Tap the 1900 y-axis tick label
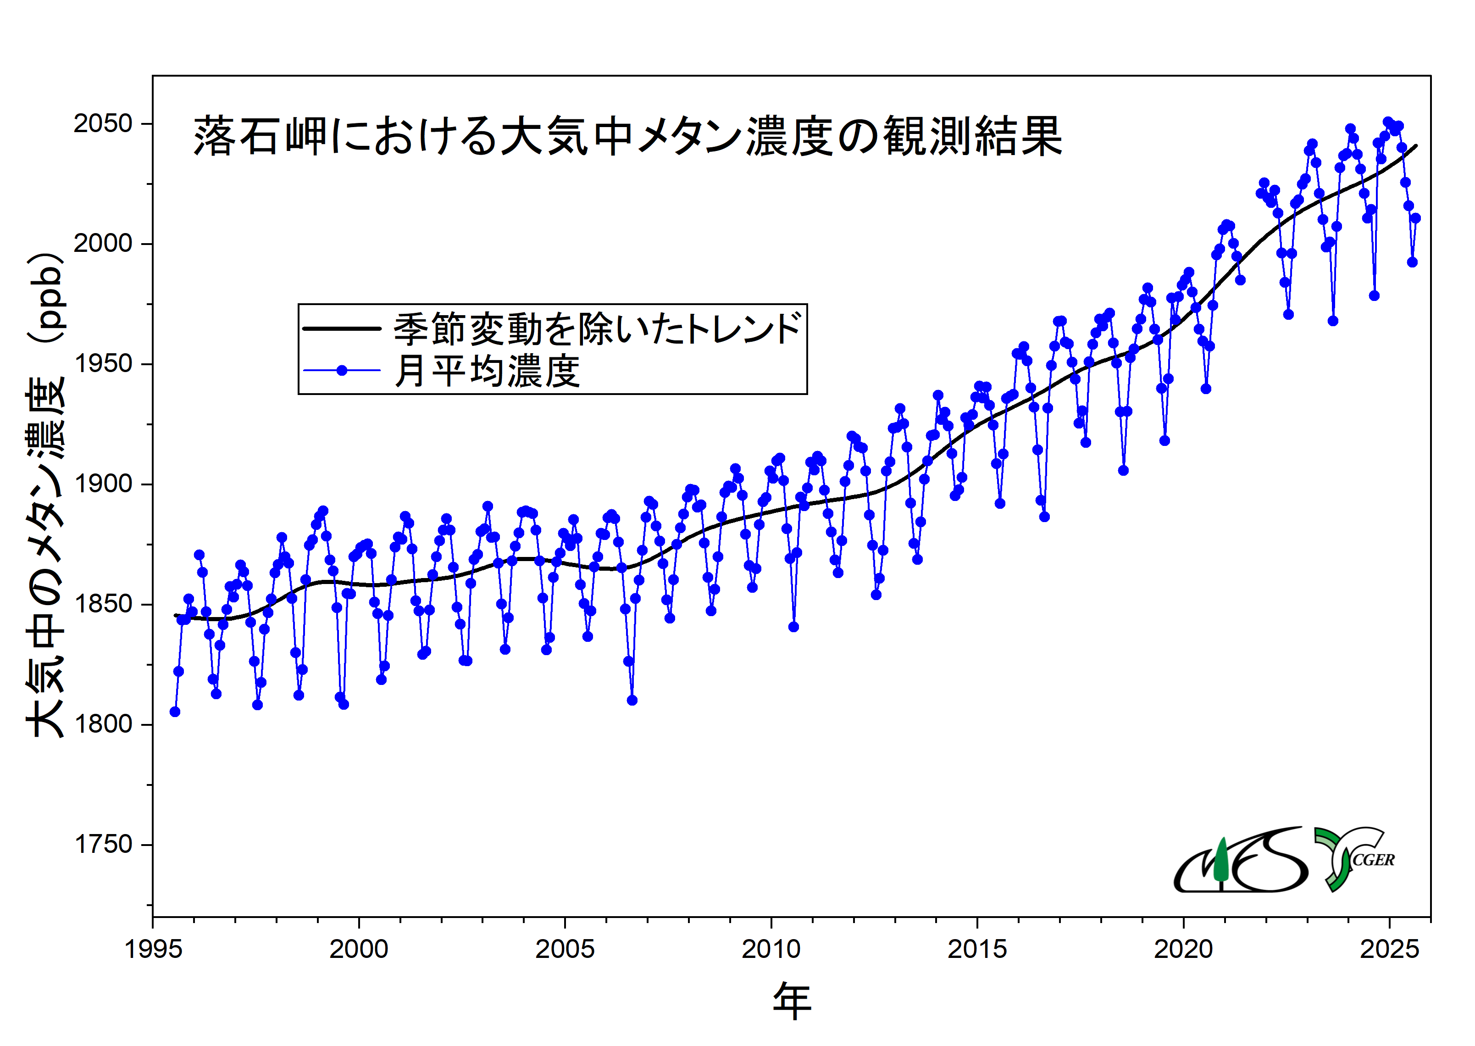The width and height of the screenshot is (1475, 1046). click(x=103, y=484)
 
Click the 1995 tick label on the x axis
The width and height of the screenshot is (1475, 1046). click(x=153, y=949)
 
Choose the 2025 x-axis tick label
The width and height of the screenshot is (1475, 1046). click(x=1389, y=949)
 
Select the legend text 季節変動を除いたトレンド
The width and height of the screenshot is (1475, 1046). click(x=598, y=328)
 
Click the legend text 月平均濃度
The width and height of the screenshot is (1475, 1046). click(x=488, y=371)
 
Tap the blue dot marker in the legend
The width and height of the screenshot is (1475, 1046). click(x=342, y=370)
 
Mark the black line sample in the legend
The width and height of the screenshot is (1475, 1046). click(x=342, y=328)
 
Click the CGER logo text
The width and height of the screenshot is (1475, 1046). click(x=1373, y=860)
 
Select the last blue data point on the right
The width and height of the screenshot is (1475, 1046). click(x=1415, y=218)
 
